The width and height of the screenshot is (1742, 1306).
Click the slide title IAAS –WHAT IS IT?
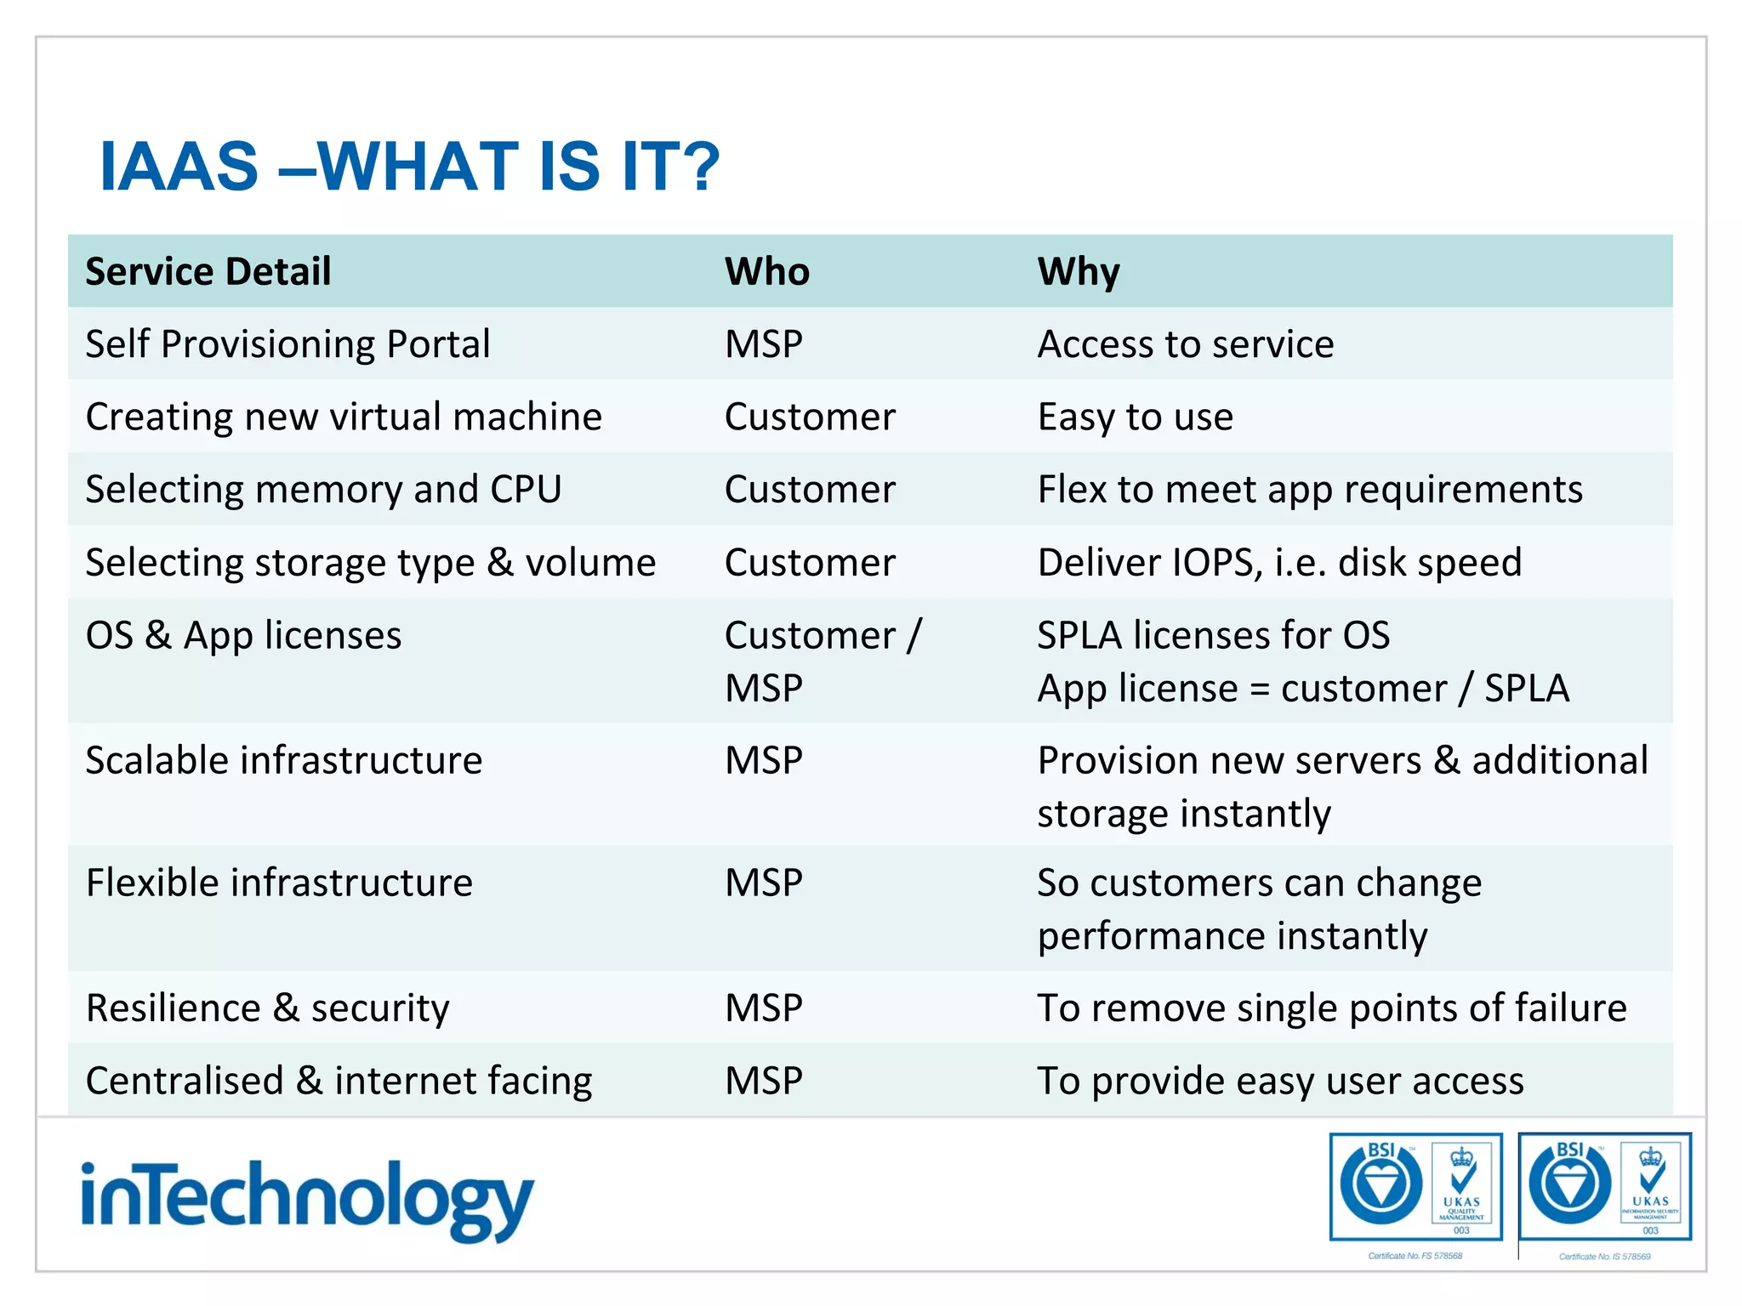tap(409, 166)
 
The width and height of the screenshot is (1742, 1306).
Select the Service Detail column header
tap(208, 272)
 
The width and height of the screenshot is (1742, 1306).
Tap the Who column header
tap(766, 272)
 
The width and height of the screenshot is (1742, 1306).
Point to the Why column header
tap(1078, 272)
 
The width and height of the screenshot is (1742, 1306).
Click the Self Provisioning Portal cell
tap(287, 344)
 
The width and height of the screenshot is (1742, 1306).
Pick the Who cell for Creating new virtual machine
tap(810, 417)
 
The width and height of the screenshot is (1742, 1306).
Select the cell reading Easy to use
tap(1135, 417)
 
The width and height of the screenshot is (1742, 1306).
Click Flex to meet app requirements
tap(1310, 490)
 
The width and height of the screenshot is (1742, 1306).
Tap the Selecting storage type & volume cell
tap(371, 563)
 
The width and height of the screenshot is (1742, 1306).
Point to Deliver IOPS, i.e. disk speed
tap(1279, 563)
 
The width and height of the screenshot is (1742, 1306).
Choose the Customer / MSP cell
tap(822, 661)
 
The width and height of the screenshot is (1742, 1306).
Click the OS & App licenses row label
tap(243, 636)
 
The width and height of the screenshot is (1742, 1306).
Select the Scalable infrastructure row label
tap(284, 760)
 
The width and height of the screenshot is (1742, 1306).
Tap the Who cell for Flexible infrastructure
tap(763, 883)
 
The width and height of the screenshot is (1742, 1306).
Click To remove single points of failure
tap(1331, 1008)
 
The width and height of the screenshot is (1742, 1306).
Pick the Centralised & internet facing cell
tap(339, 1081)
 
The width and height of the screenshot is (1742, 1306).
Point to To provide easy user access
tap(1280, 1081)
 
